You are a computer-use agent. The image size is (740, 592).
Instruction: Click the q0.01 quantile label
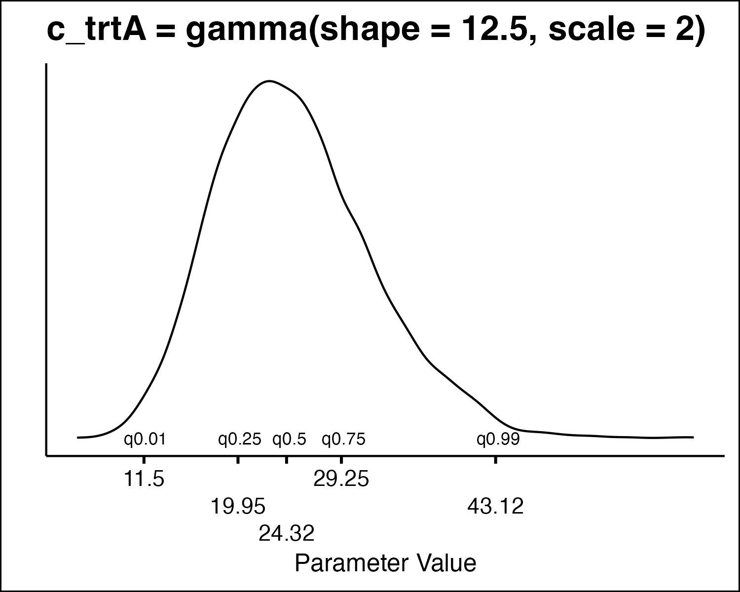coord(145,439)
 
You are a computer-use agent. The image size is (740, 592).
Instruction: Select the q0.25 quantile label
coord(240,439)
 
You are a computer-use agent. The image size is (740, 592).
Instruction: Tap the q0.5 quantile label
coord(290,439)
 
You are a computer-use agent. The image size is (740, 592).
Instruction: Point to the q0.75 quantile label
coord(344,439)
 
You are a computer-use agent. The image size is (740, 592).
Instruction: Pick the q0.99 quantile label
coord(498,439)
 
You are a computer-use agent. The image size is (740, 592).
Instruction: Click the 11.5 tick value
coord(144,479)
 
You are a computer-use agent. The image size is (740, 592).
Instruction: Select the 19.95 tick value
coord(238,506)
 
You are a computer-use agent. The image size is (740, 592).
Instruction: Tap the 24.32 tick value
coord(287,533)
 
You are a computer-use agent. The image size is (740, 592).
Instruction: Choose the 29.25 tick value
coord(341,479)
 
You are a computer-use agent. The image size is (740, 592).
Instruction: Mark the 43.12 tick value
coord(496,506)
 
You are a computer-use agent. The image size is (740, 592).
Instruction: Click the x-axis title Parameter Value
coord(386,563)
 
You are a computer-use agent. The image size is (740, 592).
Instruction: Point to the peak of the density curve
coord(269,81)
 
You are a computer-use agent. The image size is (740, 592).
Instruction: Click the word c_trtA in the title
coord(96,31)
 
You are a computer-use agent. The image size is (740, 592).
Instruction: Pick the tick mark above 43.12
coord(496,460)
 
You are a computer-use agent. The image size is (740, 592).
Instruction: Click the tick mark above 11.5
coord(144,460)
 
